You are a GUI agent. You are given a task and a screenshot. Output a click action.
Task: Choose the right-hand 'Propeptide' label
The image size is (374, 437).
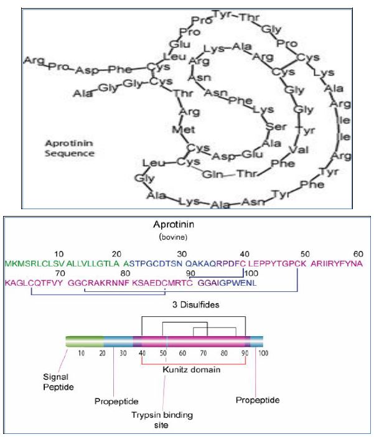pos(256,399)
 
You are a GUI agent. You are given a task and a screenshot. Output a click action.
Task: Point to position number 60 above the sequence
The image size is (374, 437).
pos(358,254)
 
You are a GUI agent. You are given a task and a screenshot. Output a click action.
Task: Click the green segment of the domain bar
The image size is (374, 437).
pos(85,341)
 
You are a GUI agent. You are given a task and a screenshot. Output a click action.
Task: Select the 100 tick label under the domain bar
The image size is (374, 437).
pos(263,353)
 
